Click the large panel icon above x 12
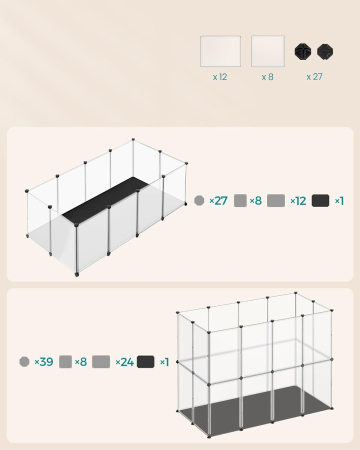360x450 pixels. pyautogui.click(x=220, y=51)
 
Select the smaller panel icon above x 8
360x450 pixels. pyautogui.click(x=267, y=51)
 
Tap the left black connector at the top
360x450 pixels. pyautogui.click(x=302, y=51)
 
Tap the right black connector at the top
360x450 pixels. pyautogui.click(x=324, y=51)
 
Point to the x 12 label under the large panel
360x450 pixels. pyautogui.click(x=220, y=76)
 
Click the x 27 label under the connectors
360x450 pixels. pyautogui.click(x=314, y=76)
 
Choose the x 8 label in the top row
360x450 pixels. pyautogui.click(x=267, y=76)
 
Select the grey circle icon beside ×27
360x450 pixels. pyautogui.click(x=199, y=201)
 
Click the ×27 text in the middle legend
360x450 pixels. pyautogui.click(x=218, y=201)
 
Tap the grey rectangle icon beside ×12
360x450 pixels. pyautogui.click(x=276, y=201)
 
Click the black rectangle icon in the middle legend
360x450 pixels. pyautogui.click(x=320, y=201)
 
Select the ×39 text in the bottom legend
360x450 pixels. pyautogui.click(x=44, y=362)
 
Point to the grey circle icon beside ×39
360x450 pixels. pyautogui.click(x=24, y=362)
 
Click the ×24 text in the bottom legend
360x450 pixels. pyautogui.click(x=124, y=362)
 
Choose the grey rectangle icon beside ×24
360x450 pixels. pyautogui.click(x=101, y=362)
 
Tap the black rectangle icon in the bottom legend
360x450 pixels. pyautogui.click(x=146, y=362)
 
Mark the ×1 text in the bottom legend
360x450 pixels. pyautogui.click(x=164, y=362)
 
